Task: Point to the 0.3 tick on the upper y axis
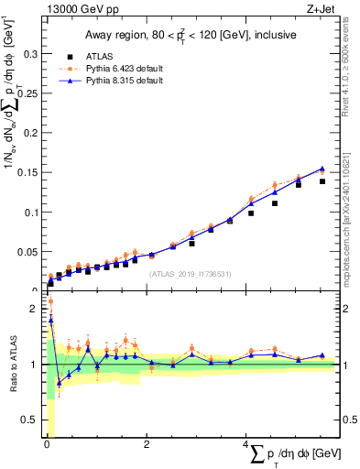tap(30, 55)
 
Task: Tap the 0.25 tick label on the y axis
tap(27, 94)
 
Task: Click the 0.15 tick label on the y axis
tap(27, 173)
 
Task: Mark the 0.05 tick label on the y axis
tap(27, 252)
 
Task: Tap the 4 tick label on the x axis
tap(245, 444)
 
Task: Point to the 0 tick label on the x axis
tap(47, 444)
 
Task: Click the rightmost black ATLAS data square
tap(322, 181)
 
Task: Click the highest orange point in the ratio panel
tap(50, 301)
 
